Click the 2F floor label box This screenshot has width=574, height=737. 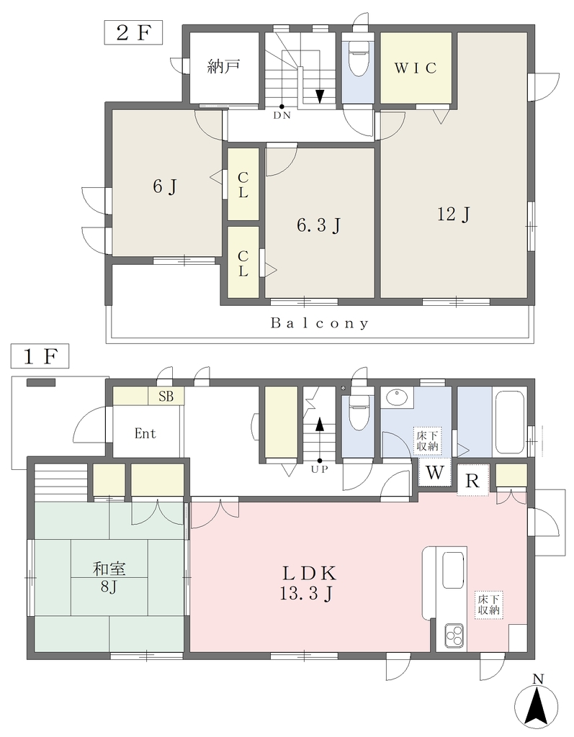point(133,32)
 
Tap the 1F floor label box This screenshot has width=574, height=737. point(40,357)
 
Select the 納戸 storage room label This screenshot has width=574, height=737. point(224,67)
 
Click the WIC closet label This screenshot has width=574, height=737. point(416,68)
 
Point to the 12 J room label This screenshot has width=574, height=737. point(454,214)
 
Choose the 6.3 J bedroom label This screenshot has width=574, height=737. point(318,225)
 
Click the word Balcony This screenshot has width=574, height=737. point(320,323)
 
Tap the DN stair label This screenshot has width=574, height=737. point(282,115)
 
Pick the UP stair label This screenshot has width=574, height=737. point(320,469)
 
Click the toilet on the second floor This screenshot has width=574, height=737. point(359,58)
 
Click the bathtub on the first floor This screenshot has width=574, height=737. point(509,420)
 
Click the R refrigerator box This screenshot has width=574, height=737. point(473,481)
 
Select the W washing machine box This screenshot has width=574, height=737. point(435,472)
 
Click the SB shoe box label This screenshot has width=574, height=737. point(166,397)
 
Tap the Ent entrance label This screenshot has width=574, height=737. point(145,433)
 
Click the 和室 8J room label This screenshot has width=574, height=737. point(109,578)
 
